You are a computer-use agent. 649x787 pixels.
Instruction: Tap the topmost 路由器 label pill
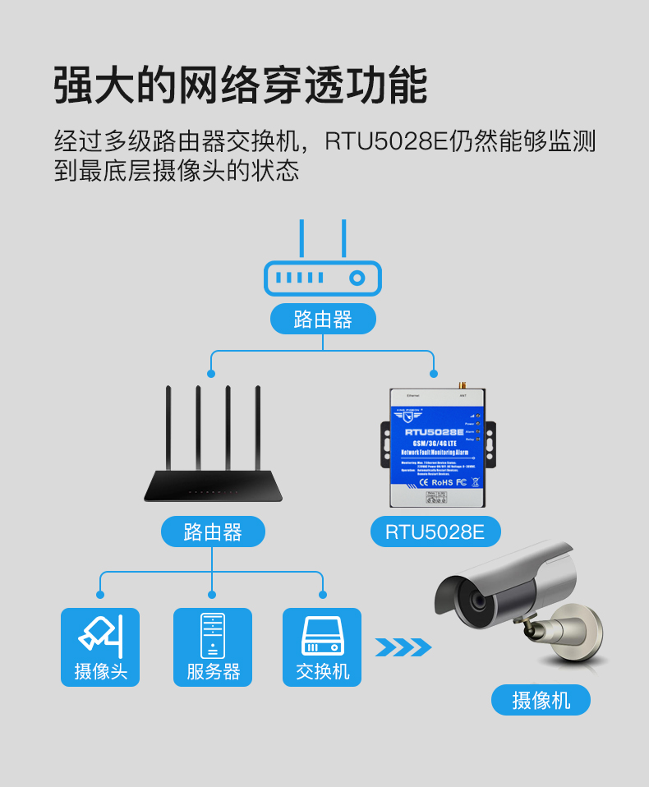pos(323,320)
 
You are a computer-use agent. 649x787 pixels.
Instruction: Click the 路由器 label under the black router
pos(213,532)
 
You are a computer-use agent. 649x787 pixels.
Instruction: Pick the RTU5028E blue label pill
pos(435,532)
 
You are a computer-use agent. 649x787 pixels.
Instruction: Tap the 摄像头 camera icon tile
pos(100,647)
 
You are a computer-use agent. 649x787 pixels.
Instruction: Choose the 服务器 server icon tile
pos(212,647)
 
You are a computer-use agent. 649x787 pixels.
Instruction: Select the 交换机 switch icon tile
pos(322,647)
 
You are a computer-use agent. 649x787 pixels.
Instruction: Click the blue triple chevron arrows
pos(403,647)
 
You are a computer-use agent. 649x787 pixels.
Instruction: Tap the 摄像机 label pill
pos(541,700)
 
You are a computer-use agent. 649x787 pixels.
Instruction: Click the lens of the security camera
pos(476,602)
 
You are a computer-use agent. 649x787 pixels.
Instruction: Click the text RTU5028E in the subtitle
pos(385,141)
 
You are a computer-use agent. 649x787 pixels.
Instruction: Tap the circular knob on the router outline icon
pos(357,278)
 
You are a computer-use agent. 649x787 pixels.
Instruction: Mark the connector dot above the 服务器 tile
pos(212,594)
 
